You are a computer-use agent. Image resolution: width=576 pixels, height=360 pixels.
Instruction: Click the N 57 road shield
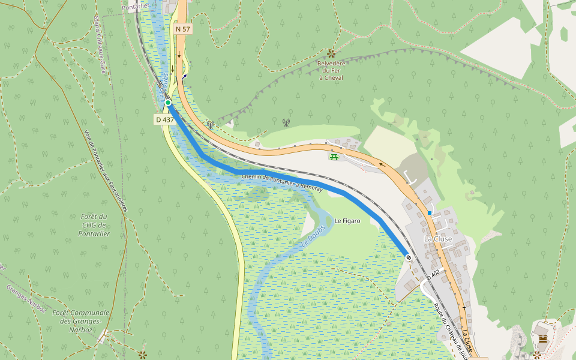[x=182, y=29]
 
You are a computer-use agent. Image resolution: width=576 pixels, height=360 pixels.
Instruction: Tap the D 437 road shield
[x=165, y=119]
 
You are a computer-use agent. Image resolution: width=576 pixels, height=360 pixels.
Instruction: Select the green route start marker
[x=168, y=103]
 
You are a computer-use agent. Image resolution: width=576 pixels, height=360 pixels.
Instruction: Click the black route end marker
[x=409, y=257]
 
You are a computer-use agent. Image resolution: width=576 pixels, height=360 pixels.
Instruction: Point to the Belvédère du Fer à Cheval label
[x=331, y=70]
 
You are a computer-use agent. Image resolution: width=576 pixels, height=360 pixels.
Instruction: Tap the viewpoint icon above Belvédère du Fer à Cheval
[x=331, y=53]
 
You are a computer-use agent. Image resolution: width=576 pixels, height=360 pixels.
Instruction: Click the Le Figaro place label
[x=347, y=221]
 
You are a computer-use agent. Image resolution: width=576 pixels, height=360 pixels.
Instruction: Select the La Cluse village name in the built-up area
[x=438, y=239]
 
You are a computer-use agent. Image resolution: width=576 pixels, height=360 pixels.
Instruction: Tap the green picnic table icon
[x=333, y=157]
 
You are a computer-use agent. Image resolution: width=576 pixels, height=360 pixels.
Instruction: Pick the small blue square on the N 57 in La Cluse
[x=430, y=213]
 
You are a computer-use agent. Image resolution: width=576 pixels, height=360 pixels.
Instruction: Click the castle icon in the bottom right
[x=543, y=340]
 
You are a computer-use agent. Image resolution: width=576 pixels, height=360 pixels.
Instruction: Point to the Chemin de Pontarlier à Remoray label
[x=282, y=183]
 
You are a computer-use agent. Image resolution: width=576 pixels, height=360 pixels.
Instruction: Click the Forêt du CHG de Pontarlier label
[x=94, y=225]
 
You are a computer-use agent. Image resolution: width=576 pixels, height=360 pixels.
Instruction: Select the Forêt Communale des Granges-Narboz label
[x=80, y=321]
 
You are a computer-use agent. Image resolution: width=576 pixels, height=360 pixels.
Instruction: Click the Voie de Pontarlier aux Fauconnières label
[x=106, y=172]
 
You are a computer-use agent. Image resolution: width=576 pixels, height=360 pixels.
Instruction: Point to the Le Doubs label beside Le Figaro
[x=312, y=237]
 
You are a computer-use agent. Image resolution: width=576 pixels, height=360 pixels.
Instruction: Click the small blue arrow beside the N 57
[x=184, y=76]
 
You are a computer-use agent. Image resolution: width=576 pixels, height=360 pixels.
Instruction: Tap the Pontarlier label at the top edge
[x=134, y=6]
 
